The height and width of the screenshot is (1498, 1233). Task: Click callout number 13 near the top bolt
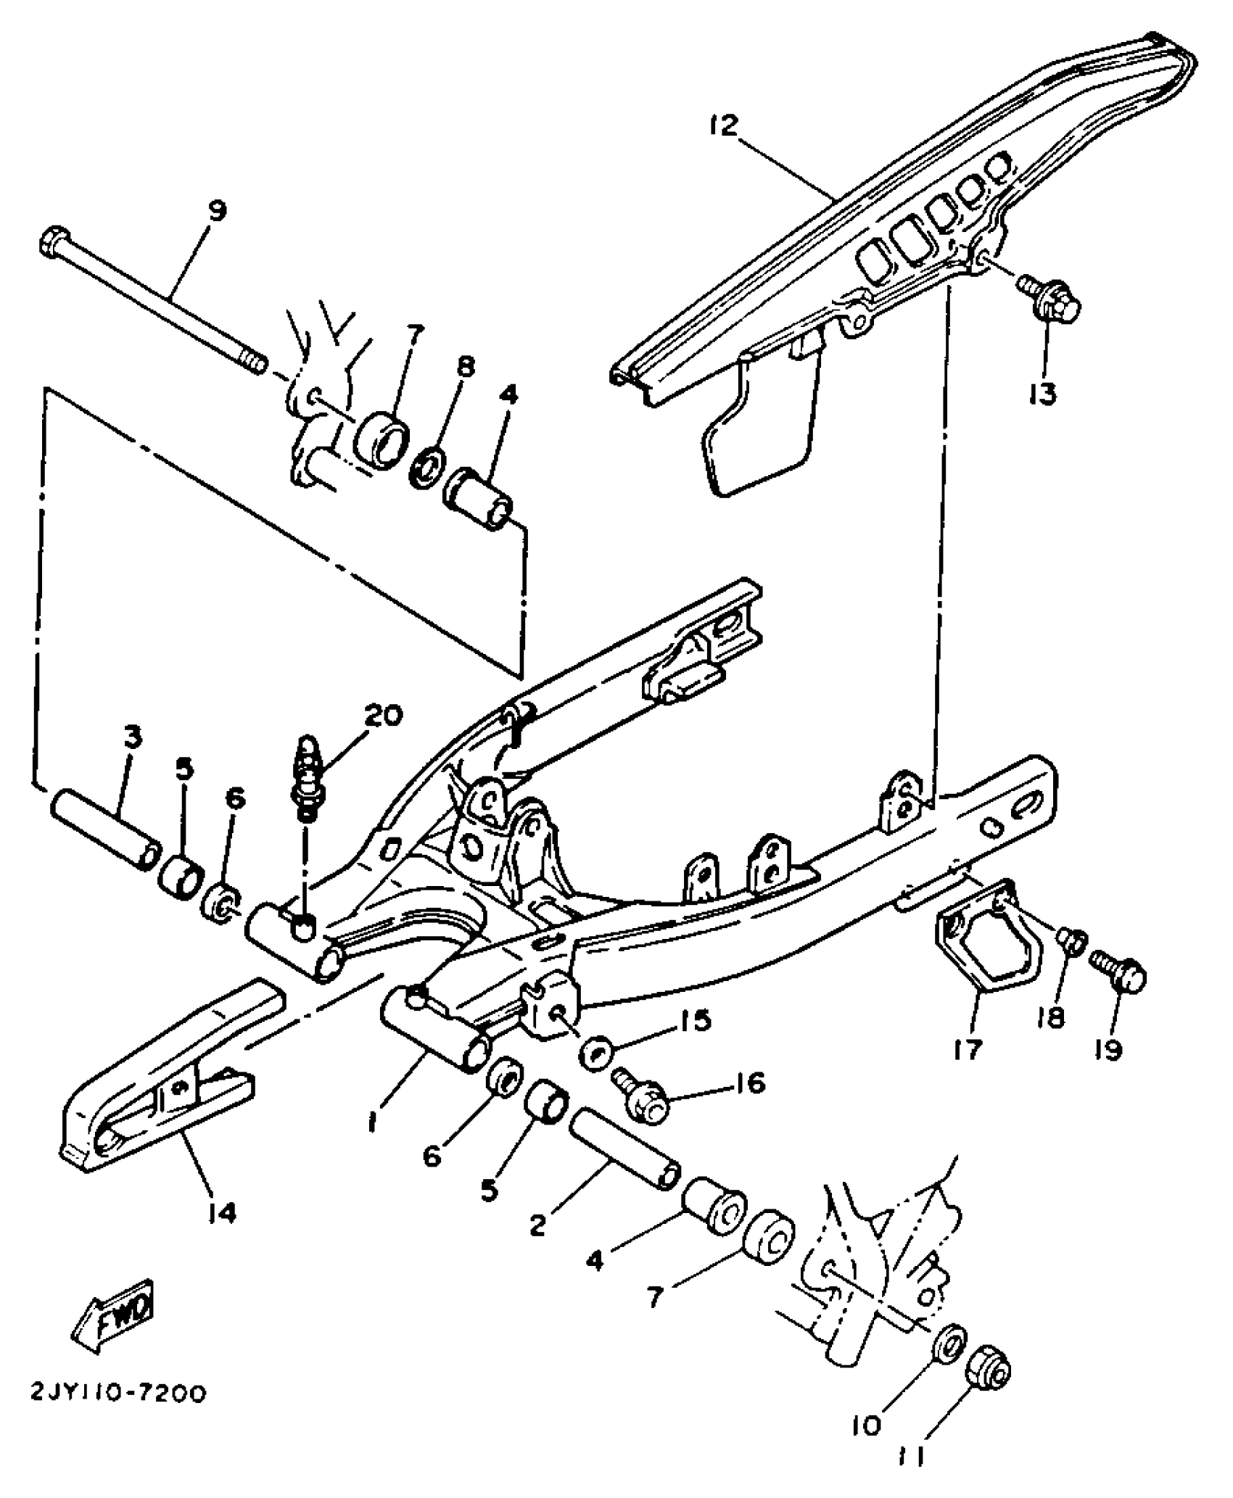(x=1043, y=394)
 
